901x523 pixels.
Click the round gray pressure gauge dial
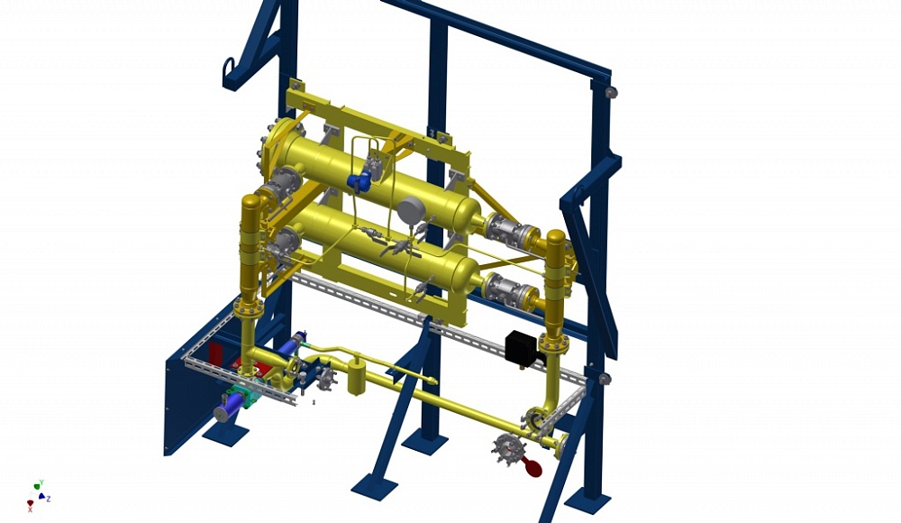[x=411, y=210]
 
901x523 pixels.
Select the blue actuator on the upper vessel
[x=359, y=180]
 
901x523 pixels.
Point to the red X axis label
[x=30, y=509]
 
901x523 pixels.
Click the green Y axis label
[x=41, y=482]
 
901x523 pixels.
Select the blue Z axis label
[x=49, y=499]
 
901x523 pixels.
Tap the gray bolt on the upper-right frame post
[x=612, y=92]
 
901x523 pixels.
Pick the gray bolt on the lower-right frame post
[x=604, y=378]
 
